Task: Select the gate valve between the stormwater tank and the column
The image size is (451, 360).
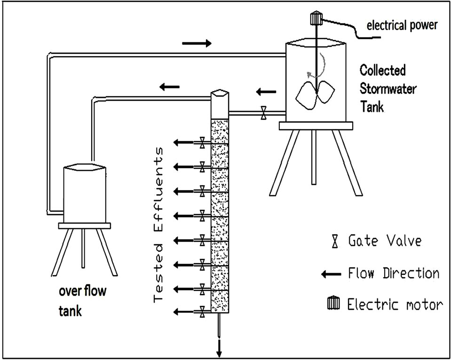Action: pos(264,113)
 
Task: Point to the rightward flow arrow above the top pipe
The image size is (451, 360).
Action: pos(197,43)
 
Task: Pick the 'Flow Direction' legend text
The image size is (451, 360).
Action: pos(394,273)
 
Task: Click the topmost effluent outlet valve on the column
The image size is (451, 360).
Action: pos(202,142)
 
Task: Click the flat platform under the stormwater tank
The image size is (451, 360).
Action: pos(316,126)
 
